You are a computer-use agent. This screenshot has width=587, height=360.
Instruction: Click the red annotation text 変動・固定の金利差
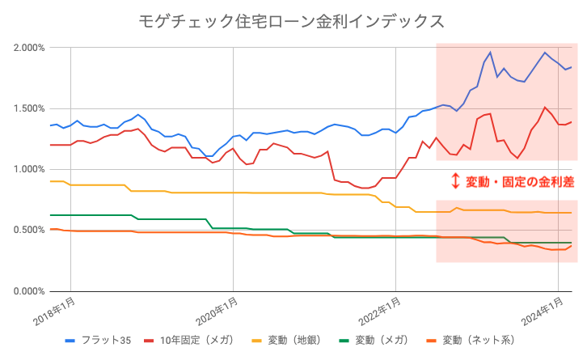(515, 181)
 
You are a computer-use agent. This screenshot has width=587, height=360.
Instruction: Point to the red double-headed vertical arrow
(454, 181)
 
